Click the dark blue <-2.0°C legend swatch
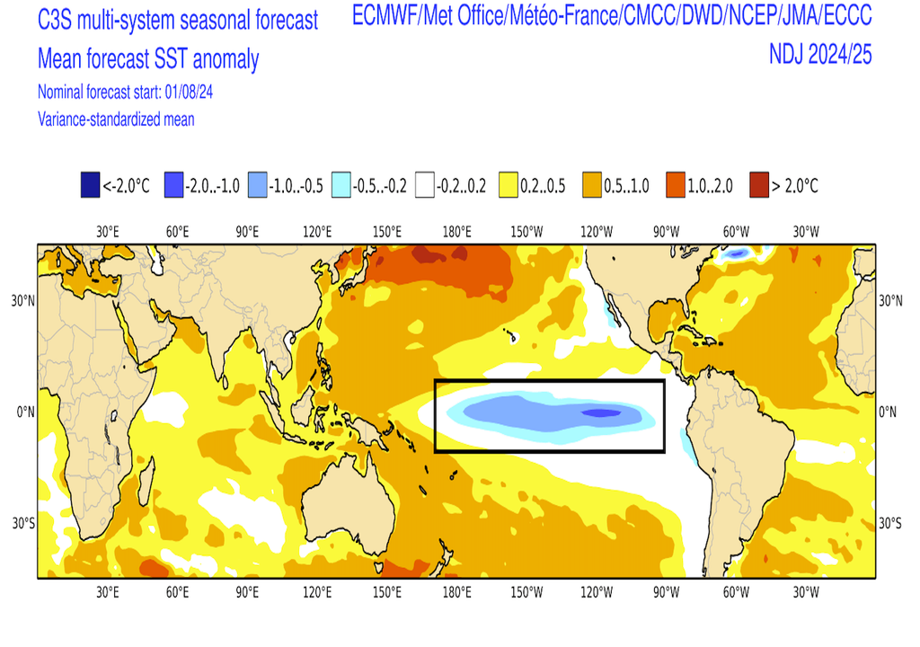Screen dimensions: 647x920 pos(90,186)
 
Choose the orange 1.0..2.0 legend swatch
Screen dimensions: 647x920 pos(676,186)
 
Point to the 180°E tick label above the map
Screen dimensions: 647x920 pos(457,232)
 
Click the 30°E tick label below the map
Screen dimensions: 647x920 pos(108,592)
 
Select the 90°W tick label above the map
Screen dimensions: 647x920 pos(666,232)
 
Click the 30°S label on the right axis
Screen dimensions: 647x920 pos(889,524)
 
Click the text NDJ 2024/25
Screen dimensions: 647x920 pos(820,55)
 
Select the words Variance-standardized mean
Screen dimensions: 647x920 pos(116,119)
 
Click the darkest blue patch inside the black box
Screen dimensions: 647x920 pos(601,413)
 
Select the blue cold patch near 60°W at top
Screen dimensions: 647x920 pos(737,253)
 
